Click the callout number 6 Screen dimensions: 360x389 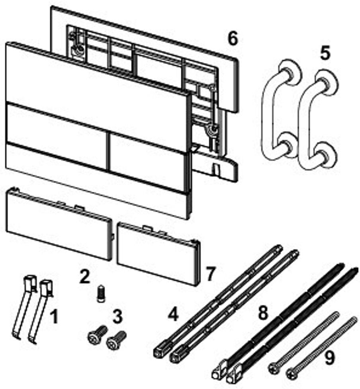(x=233, y=39)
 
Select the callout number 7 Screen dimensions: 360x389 (x=210, y=274)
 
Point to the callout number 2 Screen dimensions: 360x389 (x=84, y=276)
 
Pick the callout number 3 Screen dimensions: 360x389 (x=117, y=316)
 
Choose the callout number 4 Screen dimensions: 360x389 (x=173, y=315)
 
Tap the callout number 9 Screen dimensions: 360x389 (x=329, y=358)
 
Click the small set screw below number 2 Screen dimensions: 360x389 (x=100, y=294)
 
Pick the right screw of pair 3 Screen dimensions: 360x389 (x=116, y=340)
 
